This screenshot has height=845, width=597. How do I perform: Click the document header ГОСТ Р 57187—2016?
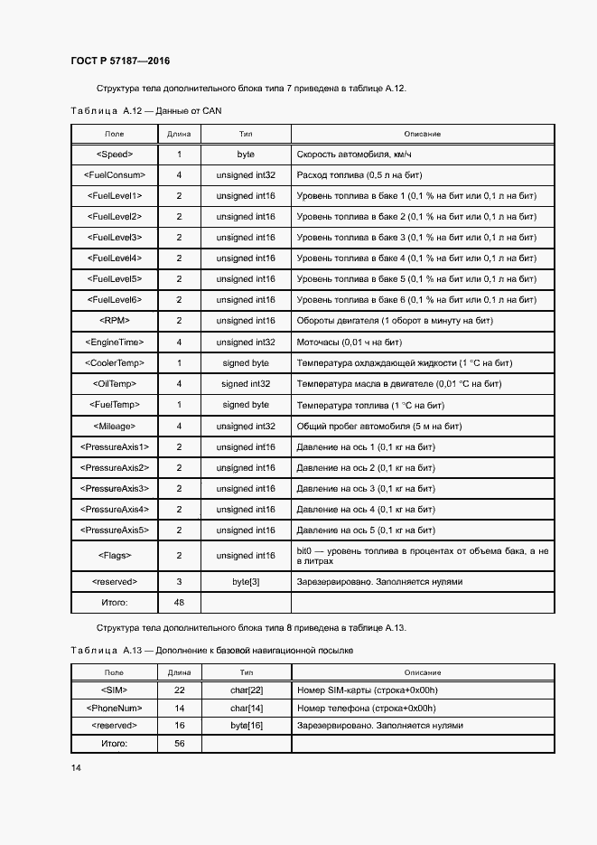tap(119, 61)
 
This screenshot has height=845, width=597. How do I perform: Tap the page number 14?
tap(76, 767)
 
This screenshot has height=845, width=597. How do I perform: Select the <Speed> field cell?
tap(115, 155)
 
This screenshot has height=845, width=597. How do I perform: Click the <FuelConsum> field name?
tap(115, 175)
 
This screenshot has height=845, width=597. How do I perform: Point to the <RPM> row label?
tap(115, 321)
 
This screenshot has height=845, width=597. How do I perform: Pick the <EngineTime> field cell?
tap(115, 343)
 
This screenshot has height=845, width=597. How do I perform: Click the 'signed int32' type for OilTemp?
tap(246, 384)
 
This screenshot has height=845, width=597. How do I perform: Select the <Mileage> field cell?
tap(115, 426)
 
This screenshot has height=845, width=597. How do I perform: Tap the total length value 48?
tap(179, 602)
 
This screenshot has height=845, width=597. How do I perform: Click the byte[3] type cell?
tap(246, 581)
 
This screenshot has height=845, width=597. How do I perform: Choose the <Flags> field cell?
tap(115, 556)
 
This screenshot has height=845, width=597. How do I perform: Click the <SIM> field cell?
tap(115, 690)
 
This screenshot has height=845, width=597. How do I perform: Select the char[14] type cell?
tap(246, 708)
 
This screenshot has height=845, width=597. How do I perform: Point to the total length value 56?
tap(179, 743)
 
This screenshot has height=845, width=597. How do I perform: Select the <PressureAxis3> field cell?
tap(115, 489)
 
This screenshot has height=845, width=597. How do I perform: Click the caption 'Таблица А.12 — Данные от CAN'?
tap(145, 110)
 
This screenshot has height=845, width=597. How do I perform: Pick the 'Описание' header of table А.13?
tap(422, 672)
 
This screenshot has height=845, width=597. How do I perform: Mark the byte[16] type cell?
tap(246, 726)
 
